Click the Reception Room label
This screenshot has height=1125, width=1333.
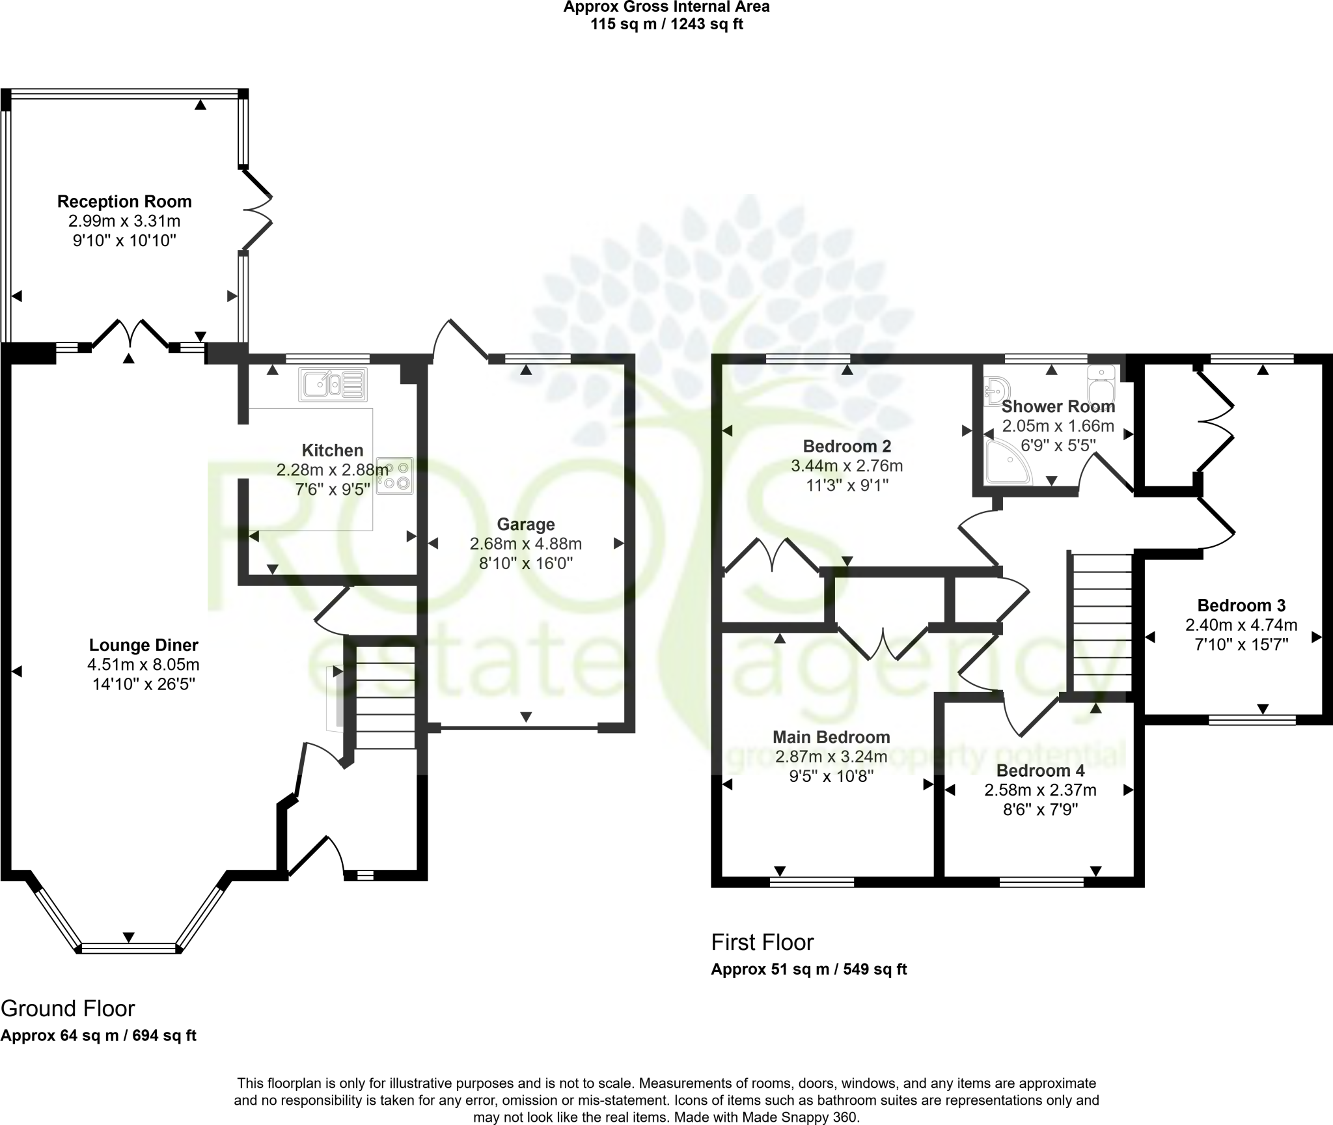[124, 201]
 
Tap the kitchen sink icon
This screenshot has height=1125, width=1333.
[333, 384]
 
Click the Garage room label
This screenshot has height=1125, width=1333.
[525, 524]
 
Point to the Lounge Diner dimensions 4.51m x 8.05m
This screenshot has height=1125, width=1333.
[143, 665]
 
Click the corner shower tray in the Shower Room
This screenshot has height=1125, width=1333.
[1007, 462]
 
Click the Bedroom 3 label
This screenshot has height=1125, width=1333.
[1241, 605]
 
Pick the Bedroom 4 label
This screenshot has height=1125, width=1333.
[1039, 771]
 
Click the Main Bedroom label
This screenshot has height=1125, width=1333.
[831, 737]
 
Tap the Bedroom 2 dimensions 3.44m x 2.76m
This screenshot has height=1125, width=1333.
[846, 466]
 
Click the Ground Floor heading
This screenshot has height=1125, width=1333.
[68, 1008]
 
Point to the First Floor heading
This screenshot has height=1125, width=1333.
[762, 942]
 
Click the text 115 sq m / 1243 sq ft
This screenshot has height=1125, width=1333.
[666, 25]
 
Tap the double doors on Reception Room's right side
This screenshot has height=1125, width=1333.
[256, 210]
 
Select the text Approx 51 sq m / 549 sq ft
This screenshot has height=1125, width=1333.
[808, 988]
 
